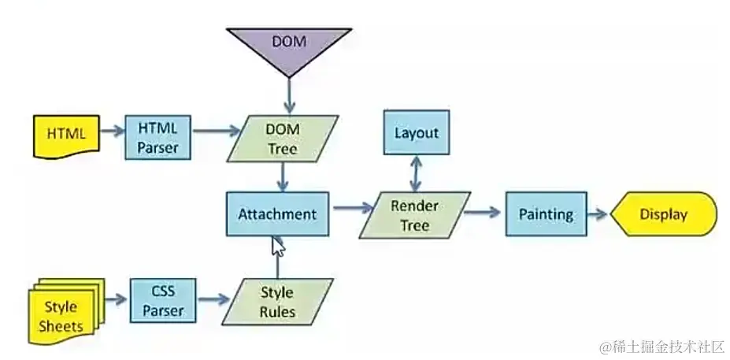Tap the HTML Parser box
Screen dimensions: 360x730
pyautogui.click(x=158, y=135)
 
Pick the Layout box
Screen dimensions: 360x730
pyautogui.click(x=416, y=132)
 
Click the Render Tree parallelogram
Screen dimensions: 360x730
pyautogui.click(x=414, y=215)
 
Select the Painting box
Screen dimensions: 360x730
pyautogui.click(x=546, y=214)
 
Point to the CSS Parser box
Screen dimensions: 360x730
pyautogui.click(x=163, y=301)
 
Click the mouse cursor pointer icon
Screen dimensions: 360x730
pyautogui.click(x=278, y=247)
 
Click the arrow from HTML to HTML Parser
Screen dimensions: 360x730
pyautogui.click(x=112, y=132)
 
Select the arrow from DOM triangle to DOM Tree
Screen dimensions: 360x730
pyautogui.click(x=289, y=96)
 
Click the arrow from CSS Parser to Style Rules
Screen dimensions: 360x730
pyautogui.click(x=213, y=301)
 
